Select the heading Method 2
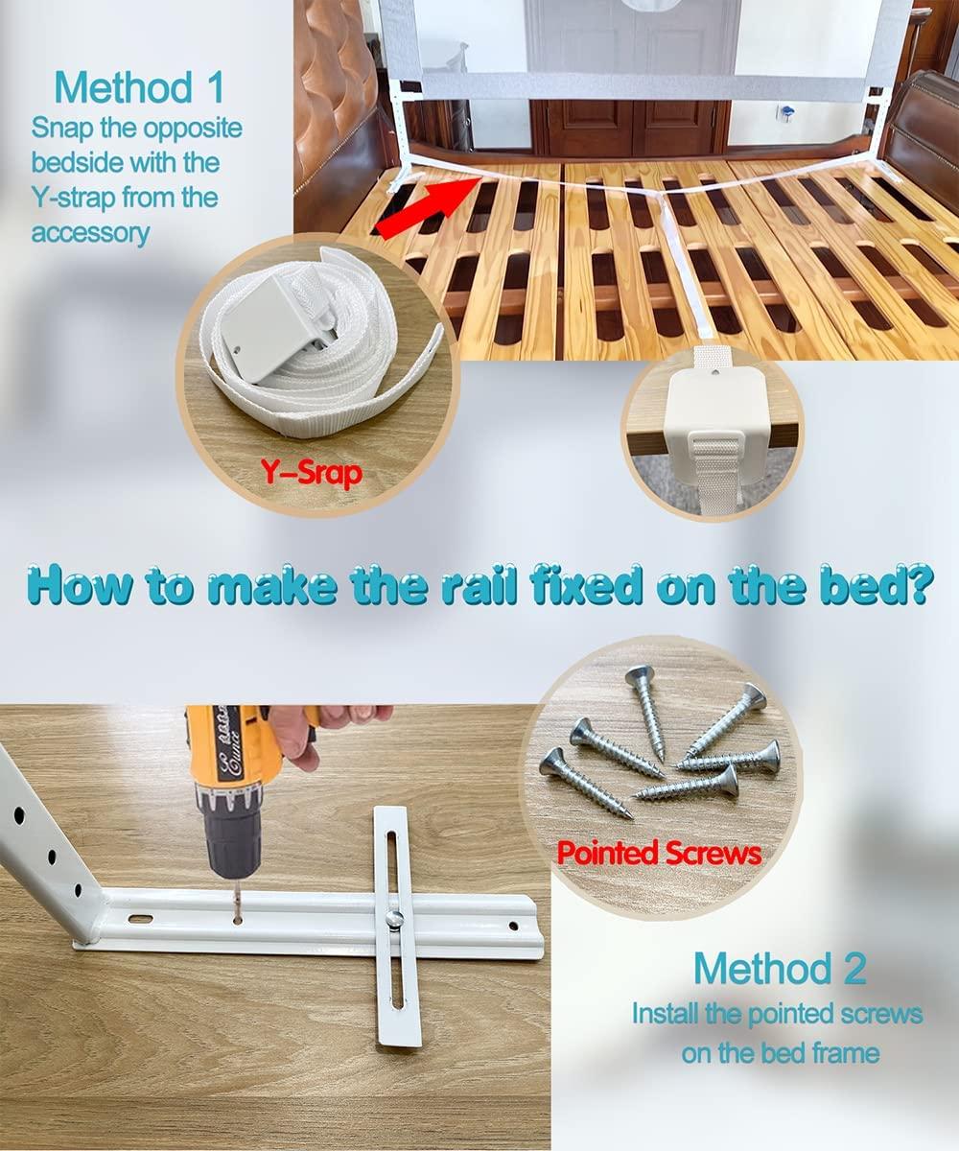point(779,968)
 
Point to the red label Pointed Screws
point(659,853)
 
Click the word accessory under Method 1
point(90,233)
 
